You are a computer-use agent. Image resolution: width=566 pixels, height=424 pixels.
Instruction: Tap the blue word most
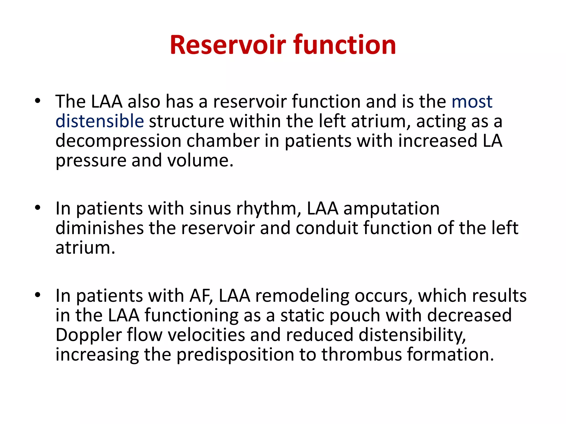tap(472, 102)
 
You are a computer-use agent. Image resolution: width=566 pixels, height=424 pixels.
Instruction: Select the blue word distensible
tap(99, 121)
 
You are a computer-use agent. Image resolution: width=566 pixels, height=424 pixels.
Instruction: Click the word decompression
tap(118, 141)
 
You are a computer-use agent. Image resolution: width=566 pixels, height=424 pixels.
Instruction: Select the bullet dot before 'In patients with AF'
tap(38, 295)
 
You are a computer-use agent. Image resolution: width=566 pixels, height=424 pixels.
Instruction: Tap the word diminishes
tap(99, 228)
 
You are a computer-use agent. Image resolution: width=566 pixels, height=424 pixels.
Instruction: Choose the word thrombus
tap(361, 354)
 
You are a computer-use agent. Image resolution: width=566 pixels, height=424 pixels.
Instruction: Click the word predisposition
tap(235, 355)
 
